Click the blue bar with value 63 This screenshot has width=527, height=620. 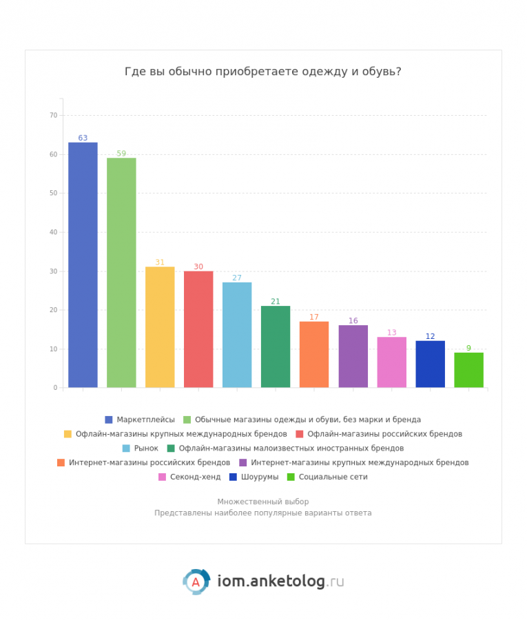pyautogui.click(x=83, y=265)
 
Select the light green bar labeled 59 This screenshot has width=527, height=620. pyautogui.click(x=121, y=273)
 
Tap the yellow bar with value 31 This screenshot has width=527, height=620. pyautogui.click(x=160, y=327)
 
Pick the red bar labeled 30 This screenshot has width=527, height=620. pyautogui.click(x=198, y=329)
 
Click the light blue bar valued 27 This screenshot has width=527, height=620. pyautogui.click(x=237, y=335)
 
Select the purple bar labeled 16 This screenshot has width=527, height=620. pyautogui.click(x=353, y=356)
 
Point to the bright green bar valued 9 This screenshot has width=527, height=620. pyautogui.click(x=468, y=370)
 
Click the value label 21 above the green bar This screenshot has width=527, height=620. pyautogui.click(x=276, y=301)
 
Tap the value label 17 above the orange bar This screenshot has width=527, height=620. pyautogui.click(x=314, y=317)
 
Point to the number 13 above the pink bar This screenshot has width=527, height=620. pyautogui.click(x=391, y=333)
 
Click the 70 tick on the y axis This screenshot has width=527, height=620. pyautogui.click(x=54, y=115)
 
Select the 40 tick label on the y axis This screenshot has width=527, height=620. pyautogui.click(x=54, y=232)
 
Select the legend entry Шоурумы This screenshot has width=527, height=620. pyautogui.click(x=259, y=477)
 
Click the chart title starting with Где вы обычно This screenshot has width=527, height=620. pyautogui.click(x=263, y=72)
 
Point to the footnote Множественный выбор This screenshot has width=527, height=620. pyautogui.click(x=263, y=502)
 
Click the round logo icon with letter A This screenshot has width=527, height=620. pyautogui.click(x=196, y=581)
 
